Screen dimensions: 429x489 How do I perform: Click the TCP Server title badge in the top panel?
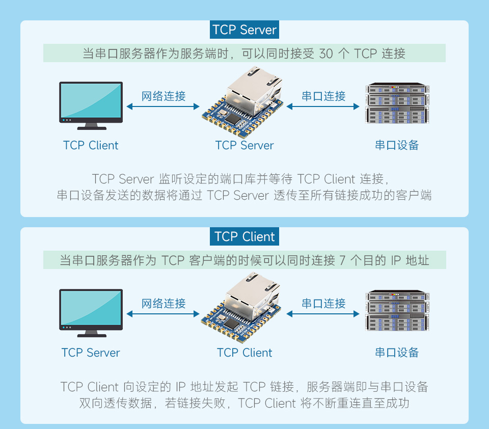coord(244,30)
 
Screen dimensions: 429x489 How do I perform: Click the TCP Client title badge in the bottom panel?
coord(244,237)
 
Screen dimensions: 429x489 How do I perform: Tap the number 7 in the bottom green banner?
coord(342,260)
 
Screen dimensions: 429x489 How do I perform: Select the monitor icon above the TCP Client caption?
coord(91,102)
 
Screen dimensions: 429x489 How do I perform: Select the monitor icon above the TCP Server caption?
coord(91,309)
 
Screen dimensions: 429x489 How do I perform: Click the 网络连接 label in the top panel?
coord(164,96)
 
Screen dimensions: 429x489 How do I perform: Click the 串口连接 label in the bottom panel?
coord(323,304)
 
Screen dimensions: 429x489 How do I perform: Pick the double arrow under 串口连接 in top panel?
coord(323,107)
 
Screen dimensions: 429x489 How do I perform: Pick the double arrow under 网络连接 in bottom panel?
coord(164,314)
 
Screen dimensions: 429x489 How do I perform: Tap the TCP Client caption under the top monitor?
coord(91,146)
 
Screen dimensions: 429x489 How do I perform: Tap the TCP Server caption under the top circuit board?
coord(244,146)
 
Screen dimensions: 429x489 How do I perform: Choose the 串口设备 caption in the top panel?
coord(397,146)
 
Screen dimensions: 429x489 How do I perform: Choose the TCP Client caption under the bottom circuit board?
coord(244,353)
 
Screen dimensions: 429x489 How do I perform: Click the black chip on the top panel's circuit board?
coord(232,118)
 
